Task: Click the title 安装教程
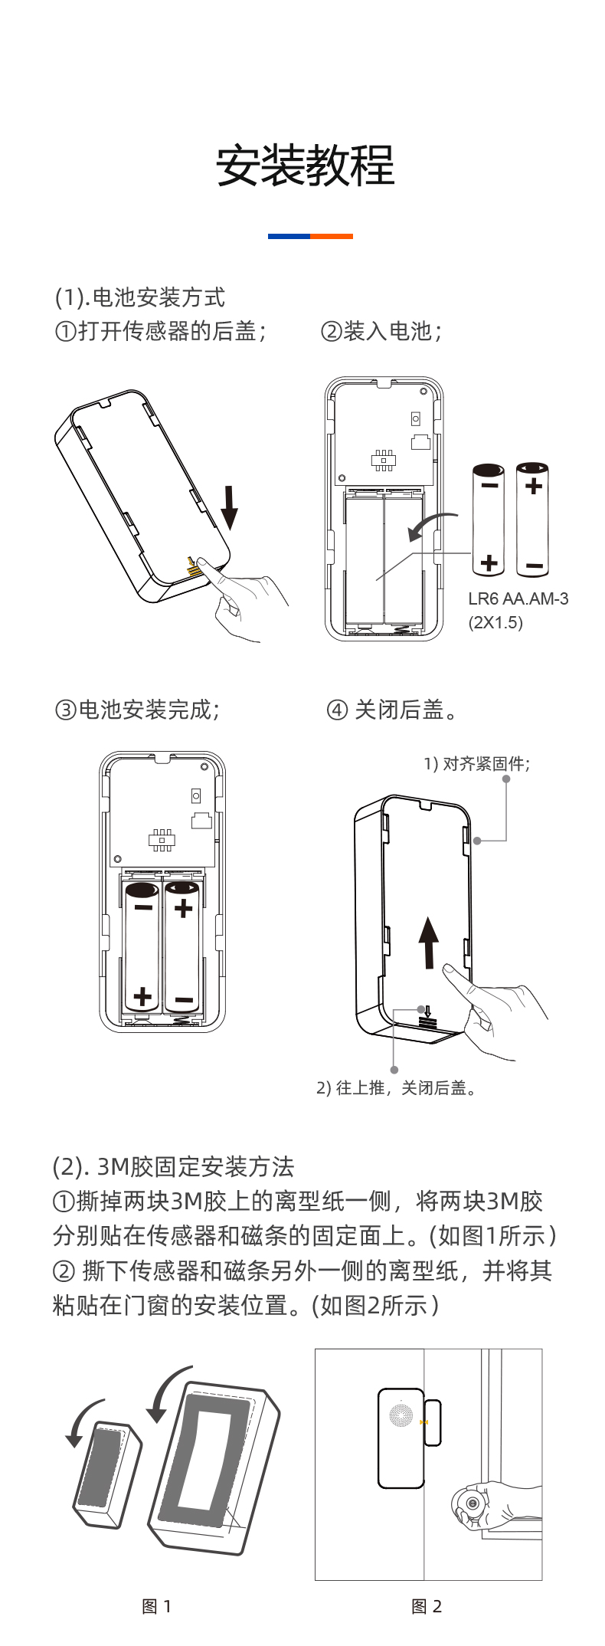click(305, 166)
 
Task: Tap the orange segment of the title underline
click(332, 236)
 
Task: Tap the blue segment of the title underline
click(289, 236)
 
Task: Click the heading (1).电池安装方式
click(140, 297)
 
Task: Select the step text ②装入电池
click(381, 331)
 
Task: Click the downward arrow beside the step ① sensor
click(229, 507)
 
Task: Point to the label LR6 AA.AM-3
click(518, 599)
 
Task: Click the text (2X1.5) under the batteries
click(495, 622)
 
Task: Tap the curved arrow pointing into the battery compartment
click(430, 526)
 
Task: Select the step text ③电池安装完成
click(137, 710)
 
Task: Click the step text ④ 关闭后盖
click(393, 710)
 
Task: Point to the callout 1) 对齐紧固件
click(476, 763)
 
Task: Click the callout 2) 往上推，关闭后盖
click(397, 1088)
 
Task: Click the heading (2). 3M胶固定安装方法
click(174, 1167)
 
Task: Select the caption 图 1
click(157, 1606)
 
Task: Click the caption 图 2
click(427, 1606)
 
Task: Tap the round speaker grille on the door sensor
click(401, 1415)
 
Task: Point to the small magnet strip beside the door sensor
click(433, 1422)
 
